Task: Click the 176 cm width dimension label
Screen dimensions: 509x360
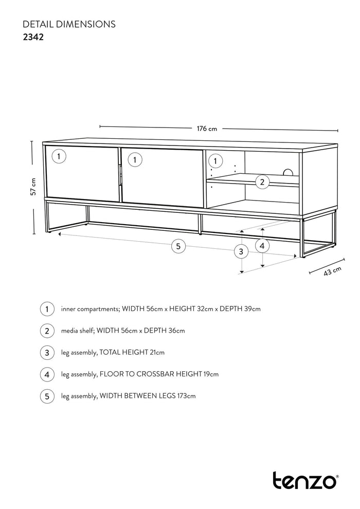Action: pos(207,129)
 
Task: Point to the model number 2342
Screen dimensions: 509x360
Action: pos(33,37)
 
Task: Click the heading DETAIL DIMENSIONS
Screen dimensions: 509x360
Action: pos(69,24)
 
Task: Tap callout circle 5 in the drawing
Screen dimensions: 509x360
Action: pos(178,247)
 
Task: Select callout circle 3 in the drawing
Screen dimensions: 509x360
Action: pos(241,251)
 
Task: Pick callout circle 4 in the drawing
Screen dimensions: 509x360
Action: pos(262,246)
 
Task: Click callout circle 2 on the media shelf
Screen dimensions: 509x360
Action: pos(262,181)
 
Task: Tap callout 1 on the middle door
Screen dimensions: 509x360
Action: pos(135,160)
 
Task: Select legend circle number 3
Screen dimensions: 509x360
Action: pos(47,353)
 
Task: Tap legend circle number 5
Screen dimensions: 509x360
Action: pos(47,396)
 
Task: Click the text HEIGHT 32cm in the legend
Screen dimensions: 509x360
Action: pos(192,309)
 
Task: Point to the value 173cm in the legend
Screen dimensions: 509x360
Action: pos(185,396)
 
